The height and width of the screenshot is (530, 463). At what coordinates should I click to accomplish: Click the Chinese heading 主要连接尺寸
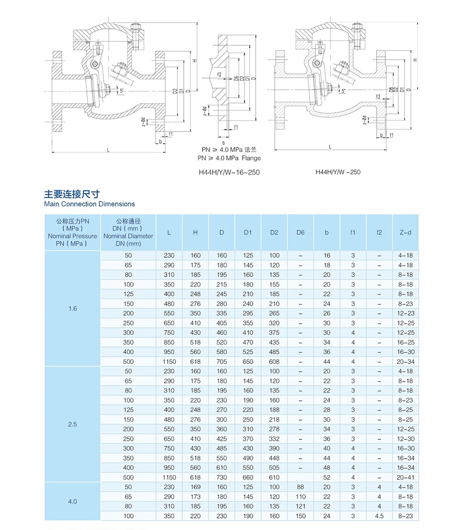point(72,194)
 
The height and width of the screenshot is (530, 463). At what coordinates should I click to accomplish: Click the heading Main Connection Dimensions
point(89,204)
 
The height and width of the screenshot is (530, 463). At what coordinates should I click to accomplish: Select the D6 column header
point(300,232)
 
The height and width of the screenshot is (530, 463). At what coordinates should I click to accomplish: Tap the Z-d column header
point(406,232)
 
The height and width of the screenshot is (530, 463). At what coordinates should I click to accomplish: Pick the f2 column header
point(379,232)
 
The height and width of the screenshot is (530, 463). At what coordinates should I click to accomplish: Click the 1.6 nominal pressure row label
point(72,308)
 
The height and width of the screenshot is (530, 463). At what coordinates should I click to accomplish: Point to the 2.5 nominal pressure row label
point(72,424)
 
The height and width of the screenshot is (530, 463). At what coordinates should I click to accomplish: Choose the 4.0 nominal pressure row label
point(72,502)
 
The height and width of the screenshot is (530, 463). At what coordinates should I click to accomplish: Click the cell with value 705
point(222,362)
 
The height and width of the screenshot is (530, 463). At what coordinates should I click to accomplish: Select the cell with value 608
point(274,362)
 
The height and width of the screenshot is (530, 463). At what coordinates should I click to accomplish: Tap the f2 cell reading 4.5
point(379,516)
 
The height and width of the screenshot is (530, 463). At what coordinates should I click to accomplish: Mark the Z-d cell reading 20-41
point(406,477)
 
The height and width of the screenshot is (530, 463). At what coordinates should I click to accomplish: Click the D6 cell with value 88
point(300,487)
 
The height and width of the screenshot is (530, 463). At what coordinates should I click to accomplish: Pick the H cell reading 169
point(195,487)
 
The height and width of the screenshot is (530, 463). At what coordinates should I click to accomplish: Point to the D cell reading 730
point(222,477)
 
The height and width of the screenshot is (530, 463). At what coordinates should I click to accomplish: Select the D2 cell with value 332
point(274,439)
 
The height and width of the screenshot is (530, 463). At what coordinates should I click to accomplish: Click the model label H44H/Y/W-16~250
point(229,172)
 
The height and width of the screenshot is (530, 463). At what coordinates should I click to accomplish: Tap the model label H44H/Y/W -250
point(338,172)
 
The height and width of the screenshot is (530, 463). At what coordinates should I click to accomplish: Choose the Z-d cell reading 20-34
point(406,362)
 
